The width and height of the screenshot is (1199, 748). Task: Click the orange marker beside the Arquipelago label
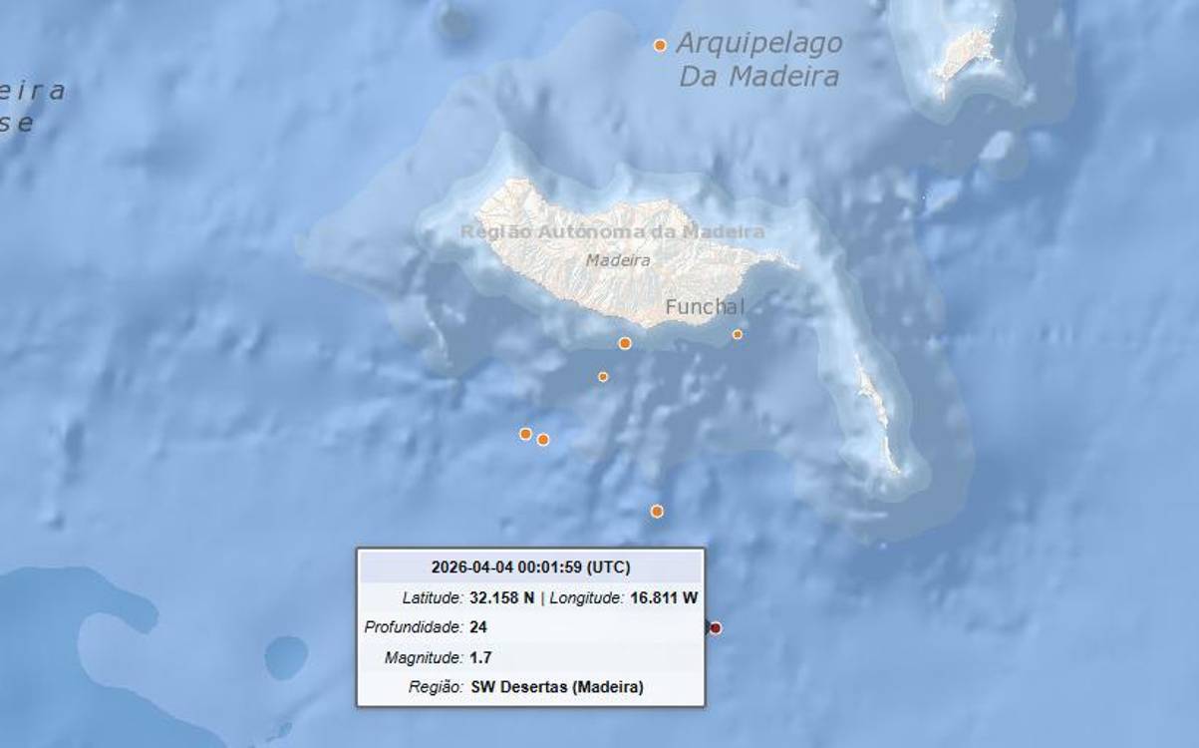(x=660, y=45)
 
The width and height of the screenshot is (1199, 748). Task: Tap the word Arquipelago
(x=759, y=44)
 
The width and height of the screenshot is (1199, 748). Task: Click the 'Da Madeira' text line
(x=758, y=77)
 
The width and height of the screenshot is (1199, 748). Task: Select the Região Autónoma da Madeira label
(x=612, y=232)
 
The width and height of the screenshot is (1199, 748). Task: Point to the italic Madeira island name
(x=618, y=260)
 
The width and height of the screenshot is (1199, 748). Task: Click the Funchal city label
(x=705, y=306)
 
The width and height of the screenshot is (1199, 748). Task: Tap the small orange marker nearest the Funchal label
(x=738, y=334)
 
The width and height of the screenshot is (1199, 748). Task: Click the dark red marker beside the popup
(x=716, y=627)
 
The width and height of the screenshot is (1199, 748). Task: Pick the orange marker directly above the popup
(x=657, y=511)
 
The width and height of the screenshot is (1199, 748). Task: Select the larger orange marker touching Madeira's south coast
(x=625, y=343)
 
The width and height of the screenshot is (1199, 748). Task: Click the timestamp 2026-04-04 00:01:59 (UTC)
(x=530, y=567)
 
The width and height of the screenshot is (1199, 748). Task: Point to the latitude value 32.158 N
(x=501, y=598)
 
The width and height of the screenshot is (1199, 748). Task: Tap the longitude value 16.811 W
(x=664, y=598)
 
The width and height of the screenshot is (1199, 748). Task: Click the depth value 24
(x=477, y=627)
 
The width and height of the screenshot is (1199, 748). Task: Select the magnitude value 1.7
(x=480, y=657)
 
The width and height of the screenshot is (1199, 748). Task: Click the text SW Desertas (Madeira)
(x=556, y=687)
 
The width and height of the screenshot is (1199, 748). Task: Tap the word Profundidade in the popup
(x=414, y=627)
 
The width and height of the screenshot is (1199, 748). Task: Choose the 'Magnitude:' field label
(x=424, y=657)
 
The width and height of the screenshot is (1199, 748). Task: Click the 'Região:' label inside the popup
(x=436, y=687)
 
